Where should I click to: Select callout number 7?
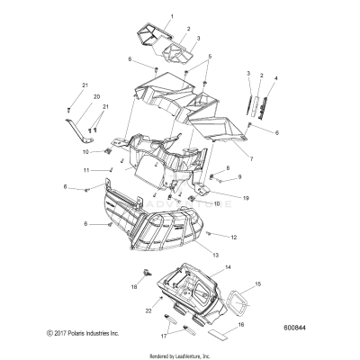point(251,159)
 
